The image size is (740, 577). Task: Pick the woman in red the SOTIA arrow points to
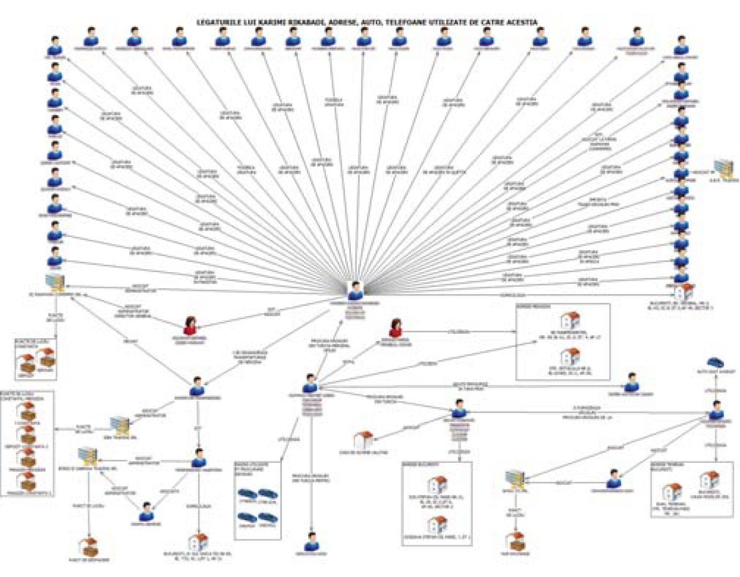396,327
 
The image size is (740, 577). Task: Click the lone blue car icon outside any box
715,363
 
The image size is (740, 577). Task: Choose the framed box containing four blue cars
258,500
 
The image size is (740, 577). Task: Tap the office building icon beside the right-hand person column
724,168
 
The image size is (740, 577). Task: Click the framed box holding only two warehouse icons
36,359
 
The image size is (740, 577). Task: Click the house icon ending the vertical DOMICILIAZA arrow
198,543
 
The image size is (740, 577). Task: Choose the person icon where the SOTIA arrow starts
310,385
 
